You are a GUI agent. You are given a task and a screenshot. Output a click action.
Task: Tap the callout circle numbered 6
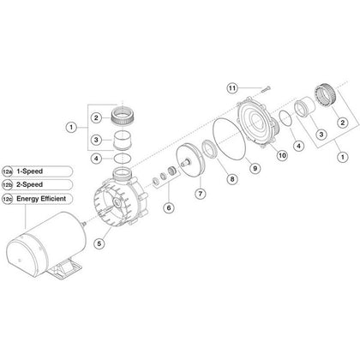168,207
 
